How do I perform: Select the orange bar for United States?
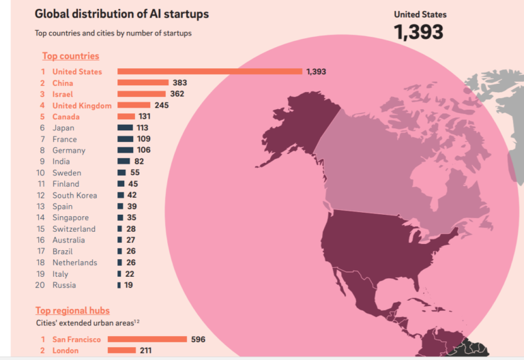tap(209, 71)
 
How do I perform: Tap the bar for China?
tap(143, 82)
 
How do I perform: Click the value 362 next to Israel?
tap(177, 94)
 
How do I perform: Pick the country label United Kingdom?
tap(82, 105)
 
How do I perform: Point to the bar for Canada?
tap(126, 117)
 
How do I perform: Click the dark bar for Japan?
tap(125, 127)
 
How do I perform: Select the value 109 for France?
tap(144, 139)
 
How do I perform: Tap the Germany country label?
tap(69, 150)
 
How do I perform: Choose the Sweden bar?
tap(121, 172)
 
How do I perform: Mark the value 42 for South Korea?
tap(132, 195)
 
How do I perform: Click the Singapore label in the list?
tap(72, 217)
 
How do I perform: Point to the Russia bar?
tap(119, 285)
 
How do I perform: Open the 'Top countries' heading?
tap(70, 56)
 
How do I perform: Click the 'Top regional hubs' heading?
tap(72, 311)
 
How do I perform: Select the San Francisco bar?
tap(147, 339)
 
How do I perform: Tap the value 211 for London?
tap(147, 350)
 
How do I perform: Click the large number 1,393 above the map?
tap(419, 31)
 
